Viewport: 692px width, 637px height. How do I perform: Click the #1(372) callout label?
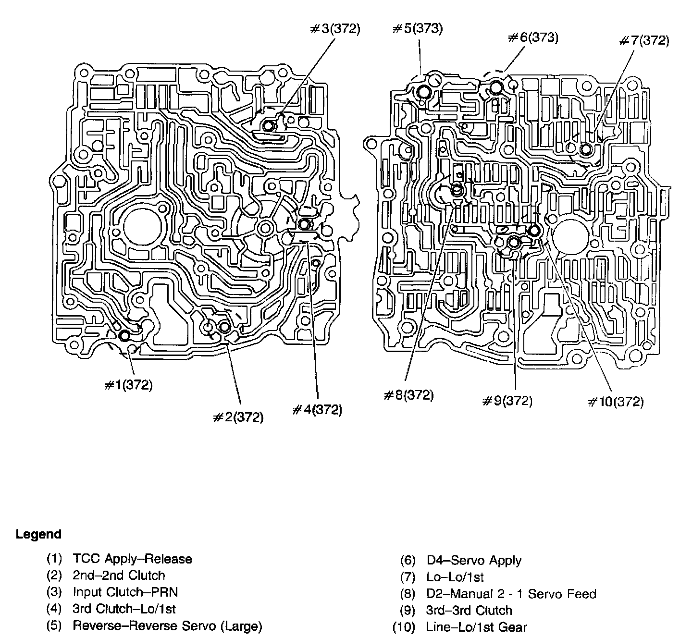pyautogui.click(x=128, y=385)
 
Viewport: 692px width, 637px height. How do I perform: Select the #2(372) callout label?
pyautogui.click(x=238, y=417)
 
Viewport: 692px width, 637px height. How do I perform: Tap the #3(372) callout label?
pyautogui.click(x=334, y=29)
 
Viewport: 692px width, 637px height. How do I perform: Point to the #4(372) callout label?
pyautogui.click(x=317, y=410)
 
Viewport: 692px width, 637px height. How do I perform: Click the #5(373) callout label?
pyautogui.click(x=417, y=29)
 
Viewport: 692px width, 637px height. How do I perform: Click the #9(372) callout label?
pyautogui.click(x=507, y=400)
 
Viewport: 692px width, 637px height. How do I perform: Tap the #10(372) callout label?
pyautogui.click(x=616, y=401)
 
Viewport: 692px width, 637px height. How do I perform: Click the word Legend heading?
pyautogui.click(x=38, y=534)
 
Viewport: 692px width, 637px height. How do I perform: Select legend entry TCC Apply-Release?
pyautogui.click(x=132, y=559)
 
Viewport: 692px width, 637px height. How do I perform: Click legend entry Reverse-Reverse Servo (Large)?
pyautogui.click(x=167, y=625)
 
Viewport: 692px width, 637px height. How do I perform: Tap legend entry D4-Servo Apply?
pyautogui.click(x=473, y=560)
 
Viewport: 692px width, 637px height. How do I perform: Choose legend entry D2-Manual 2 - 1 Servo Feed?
pyautogui.click(x=511, y=594)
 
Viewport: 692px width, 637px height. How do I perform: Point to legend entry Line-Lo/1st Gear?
pyautogui.click(x=476, y=627)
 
